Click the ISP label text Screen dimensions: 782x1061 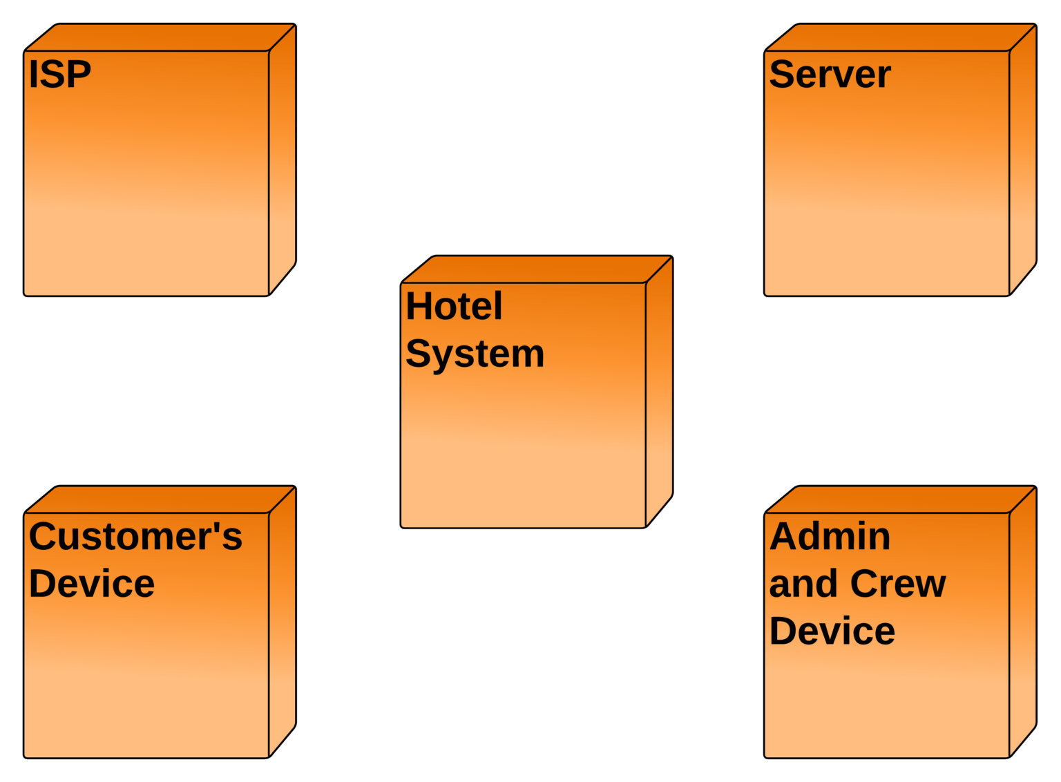59,75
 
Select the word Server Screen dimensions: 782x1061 830,75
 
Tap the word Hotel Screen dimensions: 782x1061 454,307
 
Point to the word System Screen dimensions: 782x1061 475,354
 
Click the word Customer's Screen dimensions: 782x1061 135,537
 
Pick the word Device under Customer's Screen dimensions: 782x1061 91,584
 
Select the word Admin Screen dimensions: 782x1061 830,537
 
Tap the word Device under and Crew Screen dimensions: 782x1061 832,631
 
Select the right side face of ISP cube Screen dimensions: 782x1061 282,159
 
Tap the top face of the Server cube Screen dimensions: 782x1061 901,38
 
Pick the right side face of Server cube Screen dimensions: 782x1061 1022,159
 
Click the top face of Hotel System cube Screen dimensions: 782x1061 537,270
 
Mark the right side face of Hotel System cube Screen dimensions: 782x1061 659,391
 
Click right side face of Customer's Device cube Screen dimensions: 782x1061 282,622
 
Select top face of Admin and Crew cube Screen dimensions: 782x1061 901,500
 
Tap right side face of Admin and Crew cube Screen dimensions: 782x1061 1022,622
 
